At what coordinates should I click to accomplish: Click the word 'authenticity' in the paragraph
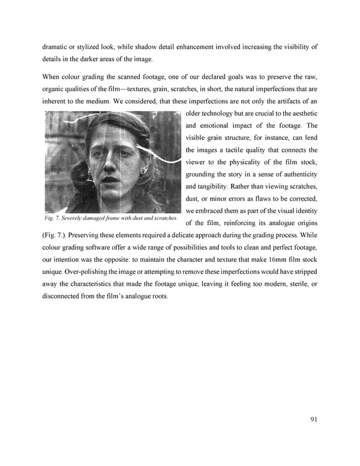pos(295,174)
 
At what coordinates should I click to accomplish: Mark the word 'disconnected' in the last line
pos(67,297)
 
